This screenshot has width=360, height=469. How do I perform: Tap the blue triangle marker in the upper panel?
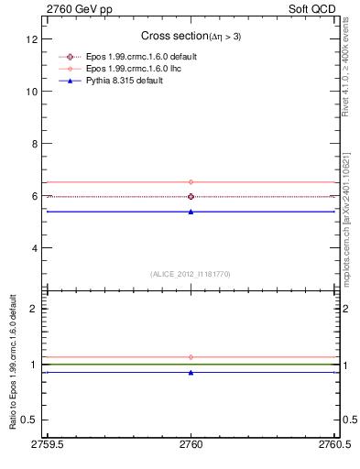click(191, 212)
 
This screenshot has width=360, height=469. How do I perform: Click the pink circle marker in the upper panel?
click(191, 182)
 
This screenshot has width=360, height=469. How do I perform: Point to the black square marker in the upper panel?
click(191, 196)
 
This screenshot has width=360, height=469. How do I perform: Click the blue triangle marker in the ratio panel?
click(191, 372)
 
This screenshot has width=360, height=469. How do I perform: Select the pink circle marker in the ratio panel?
click(191, 357)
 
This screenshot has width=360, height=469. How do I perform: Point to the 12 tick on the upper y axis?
click(33, 40)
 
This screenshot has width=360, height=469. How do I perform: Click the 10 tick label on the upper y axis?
click(33, 92)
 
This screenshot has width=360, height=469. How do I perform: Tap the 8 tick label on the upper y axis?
click(36, 144)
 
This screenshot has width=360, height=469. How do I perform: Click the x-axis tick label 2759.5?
click(47, 444)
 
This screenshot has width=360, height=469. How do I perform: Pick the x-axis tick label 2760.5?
click(333, 444)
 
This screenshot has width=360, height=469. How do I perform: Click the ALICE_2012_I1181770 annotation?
click(191, 273)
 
